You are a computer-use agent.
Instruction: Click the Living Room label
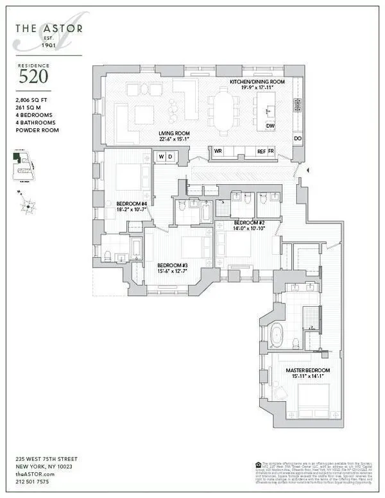[174, 133]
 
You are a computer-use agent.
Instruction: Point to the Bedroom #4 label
[132, 203]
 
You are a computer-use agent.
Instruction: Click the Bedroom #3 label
[173, 265]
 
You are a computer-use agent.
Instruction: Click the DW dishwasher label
[270, 126]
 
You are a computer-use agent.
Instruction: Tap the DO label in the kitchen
[298, 139]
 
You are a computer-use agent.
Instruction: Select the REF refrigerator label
[261, 151]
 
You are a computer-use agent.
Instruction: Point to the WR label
[218, 151]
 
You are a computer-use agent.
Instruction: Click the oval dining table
[224, 112]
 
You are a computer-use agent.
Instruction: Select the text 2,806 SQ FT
[32, 101]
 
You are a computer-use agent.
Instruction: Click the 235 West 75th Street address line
[46, 459]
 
